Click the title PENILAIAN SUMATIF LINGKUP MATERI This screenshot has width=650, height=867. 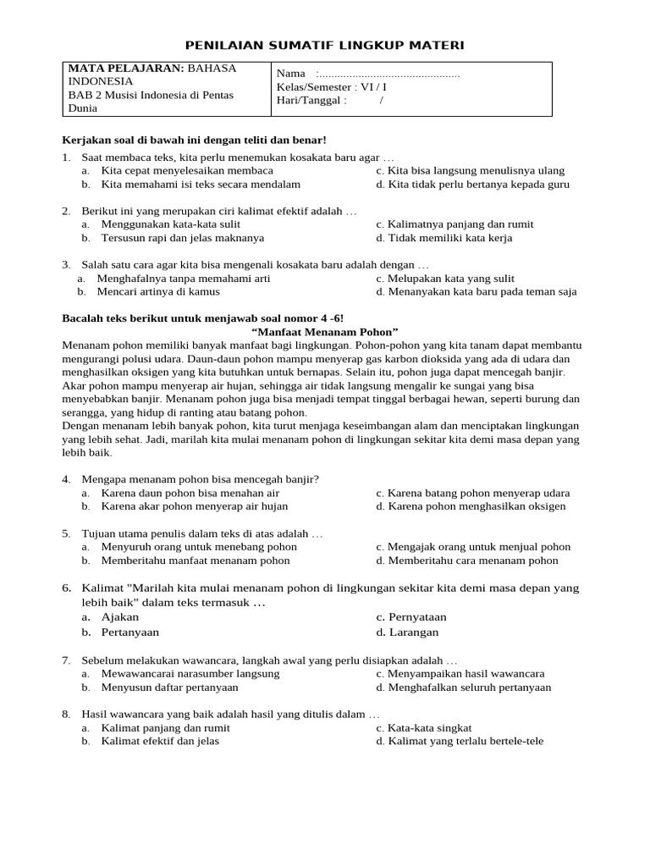coord(325,45)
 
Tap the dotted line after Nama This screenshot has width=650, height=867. coord(388,74)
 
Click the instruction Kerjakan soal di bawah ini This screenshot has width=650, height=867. coord(195,139)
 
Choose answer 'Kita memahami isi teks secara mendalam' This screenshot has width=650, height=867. coord(200,184)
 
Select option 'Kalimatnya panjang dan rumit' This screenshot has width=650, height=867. coord(460,224)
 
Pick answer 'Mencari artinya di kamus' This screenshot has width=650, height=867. coord(158,291)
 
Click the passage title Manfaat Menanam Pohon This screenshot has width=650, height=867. coord(325,331)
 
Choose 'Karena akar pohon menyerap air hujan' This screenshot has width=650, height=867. coord(194,506)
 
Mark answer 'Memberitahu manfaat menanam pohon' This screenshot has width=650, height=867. coord(195,561)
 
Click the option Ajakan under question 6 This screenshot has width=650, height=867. coord(119,617)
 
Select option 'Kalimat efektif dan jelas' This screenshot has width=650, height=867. coord(160,742)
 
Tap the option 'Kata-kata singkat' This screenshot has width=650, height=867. coord(429,728)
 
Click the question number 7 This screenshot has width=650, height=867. coord(66,660)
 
